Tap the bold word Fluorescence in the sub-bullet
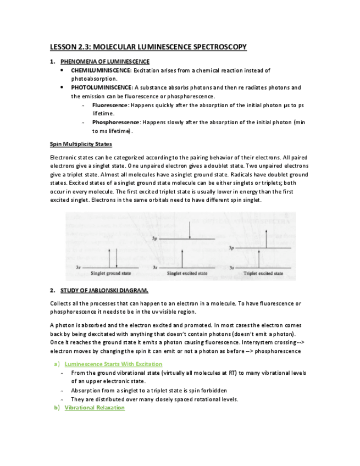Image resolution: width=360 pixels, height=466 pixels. (110, 104)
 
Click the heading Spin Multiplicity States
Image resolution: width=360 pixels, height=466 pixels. (81, 144)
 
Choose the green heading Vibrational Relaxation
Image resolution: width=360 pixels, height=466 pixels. (95, 408)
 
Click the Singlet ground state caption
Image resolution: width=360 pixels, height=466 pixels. (110, 273)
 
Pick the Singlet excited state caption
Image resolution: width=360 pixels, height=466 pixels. (187, 273)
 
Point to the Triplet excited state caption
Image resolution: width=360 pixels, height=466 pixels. (263, 273)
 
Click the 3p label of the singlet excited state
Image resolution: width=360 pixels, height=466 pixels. (156, 239)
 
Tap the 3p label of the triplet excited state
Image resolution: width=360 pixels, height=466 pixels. (232, 248)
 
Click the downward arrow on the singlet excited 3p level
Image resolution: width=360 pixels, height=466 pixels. (190, 230)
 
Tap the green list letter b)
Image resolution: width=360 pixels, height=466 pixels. (56, 408)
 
